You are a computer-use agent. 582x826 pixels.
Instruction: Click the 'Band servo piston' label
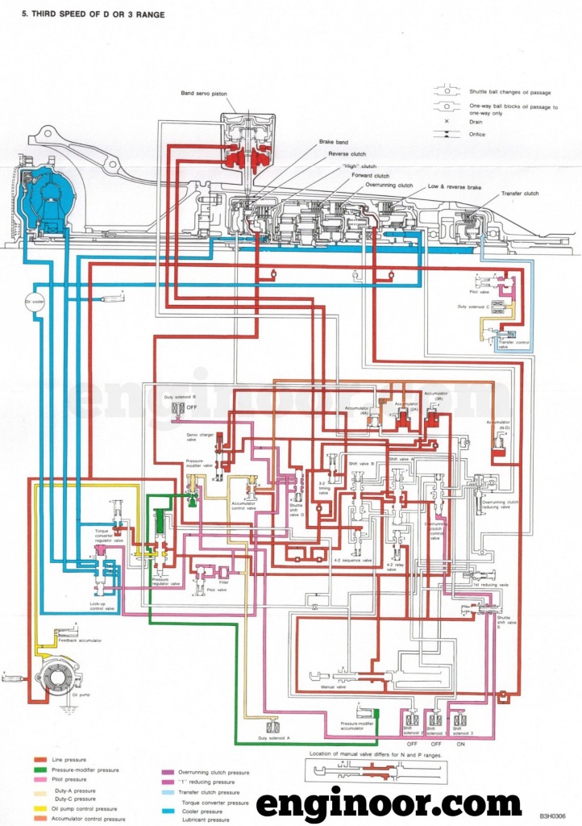(x=204, y=94)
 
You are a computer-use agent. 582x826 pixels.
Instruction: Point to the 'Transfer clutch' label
(x=520, y=194)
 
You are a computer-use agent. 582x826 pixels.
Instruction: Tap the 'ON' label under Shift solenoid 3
(x=460, y=744)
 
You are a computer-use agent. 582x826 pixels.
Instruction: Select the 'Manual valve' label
(x=322, y=687)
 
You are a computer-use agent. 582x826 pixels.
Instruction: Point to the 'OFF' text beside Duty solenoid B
(x=192, y=408)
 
